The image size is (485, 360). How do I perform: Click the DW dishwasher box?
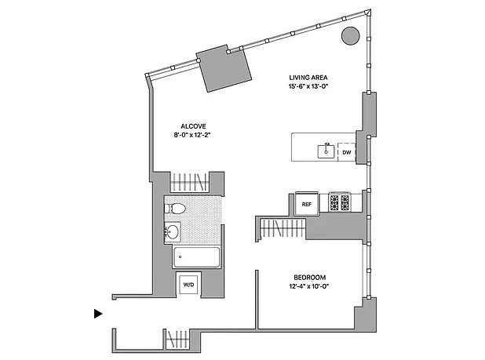click(346, 152)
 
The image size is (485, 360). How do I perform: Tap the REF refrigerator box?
click(307, 203)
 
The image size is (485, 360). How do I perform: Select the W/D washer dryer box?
click(189, 285)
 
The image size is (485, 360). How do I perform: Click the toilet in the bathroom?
click(176, 209)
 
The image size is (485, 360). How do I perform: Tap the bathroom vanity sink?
click(172, 231)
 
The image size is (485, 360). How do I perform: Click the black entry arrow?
click(98, 314)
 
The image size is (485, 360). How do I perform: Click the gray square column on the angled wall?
click(225, 68)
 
